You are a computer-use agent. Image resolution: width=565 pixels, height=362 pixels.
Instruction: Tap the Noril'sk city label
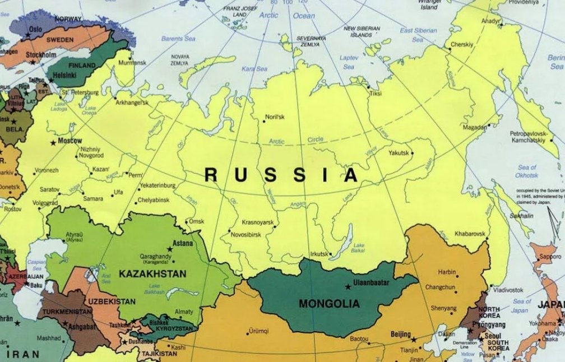(x=275, y=117)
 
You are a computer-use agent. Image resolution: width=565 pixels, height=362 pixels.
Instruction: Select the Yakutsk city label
(x=399, y=152)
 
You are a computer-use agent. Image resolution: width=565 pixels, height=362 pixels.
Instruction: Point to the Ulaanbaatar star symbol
(x=348, y=287)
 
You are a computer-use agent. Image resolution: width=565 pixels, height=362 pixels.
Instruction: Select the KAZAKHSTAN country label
(x=152, y=274)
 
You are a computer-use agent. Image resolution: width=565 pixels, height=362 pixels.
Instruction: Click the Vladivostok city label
(x=508, y=290)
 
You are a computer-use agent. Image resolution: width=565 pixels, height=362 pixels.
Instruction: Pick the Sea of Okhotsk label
(x=527, y=171)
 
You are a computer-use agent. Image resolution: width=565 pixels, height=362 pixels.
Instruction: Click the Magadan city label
(x=475, y=128)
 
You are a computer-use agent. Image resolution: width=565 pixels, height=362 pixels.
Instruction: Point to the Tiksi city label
(x=375, y=94)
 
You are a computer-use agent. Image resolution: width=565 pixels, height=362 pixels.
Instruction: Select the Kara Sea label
(x=254, y=68)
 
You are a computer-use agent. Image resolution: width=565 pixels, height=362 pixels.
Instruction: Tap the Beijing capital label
(x=400, y=335)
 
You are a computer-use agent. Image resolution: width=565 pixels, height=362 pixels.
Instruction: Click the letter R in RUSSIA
(x=211, y=175)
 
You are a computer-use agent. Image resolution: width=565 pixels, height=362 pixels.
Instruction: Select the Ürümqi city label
(x=259, y=331)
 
